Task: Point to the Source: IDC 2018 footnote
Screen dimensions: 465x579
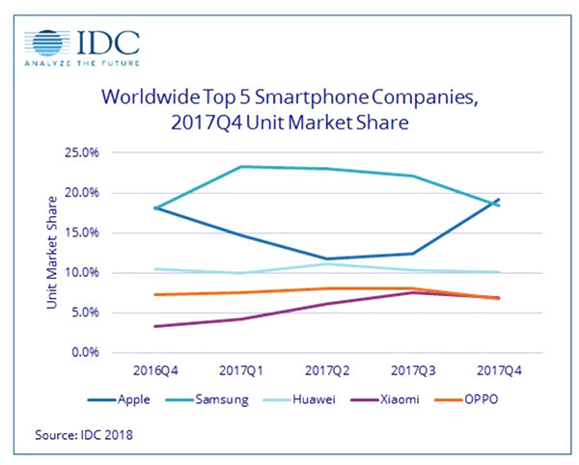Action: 84,434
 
